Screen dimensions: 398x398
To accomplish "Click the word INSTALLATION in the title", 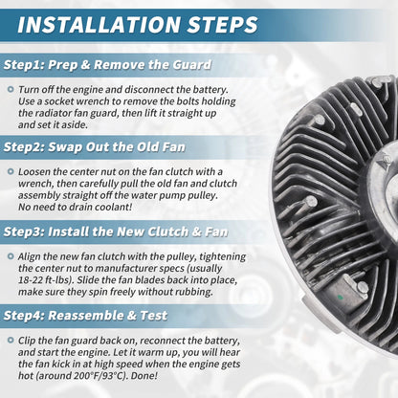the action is coord(99,25).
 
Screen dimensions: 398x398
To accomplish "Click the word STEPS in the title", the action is coord(222,25).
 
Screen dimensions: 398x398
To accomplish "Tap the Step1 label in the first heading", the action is coord(23,65).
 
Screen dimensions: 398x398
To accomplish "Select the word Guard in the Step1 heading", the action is coord(192,65).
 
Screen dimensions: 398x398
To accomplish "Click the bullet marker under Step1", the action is coord(11,90).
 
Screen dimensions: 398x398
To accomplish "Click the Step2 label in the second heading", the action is coord(23,147).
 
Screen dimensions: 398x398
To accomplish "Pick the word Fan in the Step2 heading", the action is coord(174,147).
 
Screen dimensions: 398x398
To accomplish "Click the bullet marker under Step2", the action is coord(11,172).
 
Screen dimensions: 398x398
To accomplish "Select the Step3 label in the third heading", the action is coord(23,232).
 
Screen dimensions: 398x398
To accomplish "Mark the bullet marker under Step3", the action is coord(11,256).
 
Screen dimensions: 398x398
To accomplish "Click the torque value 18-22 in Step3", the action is coord(30,280).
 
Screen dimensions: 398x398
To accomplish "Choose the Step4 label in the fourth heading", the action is coord(23,316).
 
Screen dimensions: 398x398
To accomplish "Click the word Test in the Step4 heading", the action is coord(154,316).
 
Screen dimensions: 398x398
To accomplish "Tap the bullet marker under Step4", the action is coord(11,341).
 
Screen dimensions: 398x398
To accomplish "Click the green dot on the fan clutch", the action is coord(340,298).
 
